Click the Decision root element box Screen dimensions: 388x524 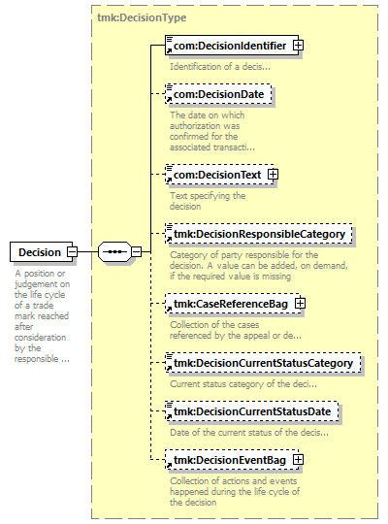pos(41,251)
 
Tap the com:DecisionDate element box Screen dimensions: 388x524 pos(218,94)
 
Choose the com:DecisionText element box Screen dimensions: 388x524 pos(219,174)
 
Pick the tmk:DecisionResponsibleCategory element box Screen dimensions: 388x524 pos(259,234)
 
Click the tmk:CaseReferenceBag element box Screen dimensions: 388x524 pos(233,304)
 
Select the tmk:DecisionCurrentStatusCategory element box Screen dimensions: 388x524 pos(263,363)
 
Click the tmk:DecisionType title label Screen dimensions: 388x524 pos(142,17)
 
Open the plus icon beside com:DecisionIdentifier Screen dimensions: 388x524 pos(298,45)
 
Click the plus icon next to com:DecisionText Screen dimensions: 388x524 pos(273,174)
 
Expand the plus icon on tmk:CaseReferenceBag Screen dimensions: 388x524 pos(300,303)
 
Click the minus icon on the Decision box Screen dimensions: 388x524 pos(72,251)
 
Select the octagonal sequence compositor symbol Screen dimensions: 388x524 pos(114,251)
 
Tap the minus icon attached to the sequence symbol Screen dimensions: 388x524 pos(136,251)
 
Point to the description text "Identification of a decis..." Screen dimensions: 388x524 pos(220,67)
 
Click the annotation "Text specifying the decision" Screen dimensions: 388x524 pos(208,201)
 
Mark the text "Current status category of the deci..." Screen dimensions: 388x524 pos(243,384)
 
